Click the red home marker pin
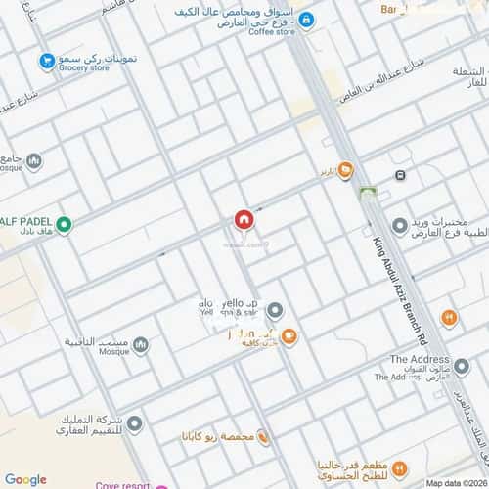pyautogui.click(x=244, y=221)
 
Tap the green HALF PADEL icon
pyautogui.click(x=65, y=226)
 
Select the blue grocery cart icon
pyautogui.click(x=46, y=62)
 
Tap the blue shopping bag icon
pyautogui.click(x=306, y=20)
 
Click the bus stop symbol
pyautogui.click(x=400, y=175)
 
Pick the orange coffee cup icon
pyautogui.click(x=289, y=337)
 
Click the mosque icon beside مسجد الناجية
pyautogui.click(x=141, y=344)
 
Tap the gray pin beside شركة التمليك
pyautogui.click(x=135, y=422)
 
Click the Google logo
pyautogui.click(x=25, y=479)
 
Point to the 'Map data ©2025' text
pyautogui.click(x=456, y=483)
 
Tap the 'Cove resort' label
pyautogui.click(x=122, y=484)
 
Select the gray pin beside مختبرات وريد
pyautogui.click(x=399, y=226)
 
